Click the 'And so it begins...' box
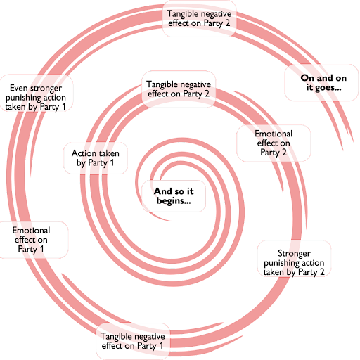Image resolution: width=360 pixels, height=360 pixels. [x=174, y=196]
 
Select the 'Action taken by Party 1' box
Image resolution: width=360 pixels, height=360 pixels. [x=96, y=158]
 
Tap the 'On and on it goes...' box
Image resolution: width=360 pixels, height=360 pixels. [x=321, y=82]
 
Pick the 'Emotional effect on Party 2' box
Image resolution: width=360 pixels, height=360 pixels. [x=274, y=143]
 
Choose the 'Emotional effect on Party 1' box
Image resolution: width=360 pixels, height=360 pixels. [x=31, y=240]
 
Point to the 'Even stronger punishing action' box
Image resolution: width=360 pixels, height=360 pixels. [x=36, y=93]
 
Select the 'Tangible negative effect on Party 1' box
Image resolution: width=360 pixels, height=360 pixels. [x=133, y=341]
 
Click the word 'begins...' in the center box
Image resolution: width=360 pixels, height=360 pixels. [x=174, y=201]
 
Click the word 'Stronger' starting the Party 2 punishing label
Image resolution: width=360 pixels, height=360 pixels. [x=294, y=254]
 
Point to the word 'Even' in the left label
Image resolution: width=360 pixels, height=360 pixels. [x=18, y=88]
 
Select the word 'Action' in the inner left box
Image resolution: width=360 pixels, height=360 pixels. [x=82, y=153]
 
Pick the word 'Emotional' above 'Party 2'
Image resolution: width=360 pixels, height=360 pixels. [x=274, y=134]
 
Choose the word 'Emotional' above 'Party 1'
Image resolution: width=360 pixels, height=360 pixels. [x=31, y=231]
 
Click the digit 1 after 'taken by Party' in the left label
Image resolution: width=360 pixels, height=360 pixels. [x=63, y=107]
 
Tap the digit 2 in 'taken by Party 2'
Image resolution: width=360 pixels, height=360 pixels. [x=322, y=272]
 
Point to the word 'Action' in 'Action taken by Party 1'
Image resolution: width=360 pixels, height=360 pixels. [x=82, y=153]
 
